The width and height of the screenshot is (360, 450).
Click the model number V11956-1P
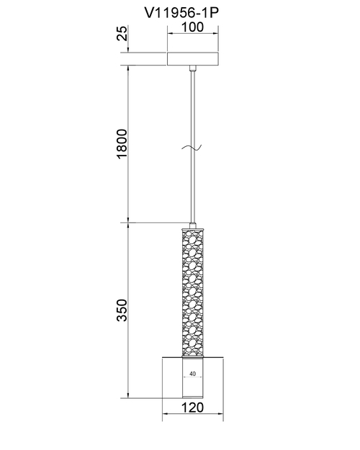[x=181, y=12]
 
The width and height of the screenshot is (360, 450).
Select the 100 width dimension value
[x=193, y=27]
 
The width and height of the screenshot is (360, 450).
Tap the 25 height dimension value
[x=122, y=33]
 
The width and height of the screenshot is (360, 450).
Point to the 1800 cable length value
[x=122, y=143]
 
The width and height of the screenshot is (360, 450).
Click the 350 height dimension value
[x=122, y=310]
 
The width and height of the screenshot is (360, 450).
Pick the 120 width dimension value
[x=193, y=408]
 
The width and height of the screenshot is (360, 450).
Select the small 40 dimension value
[x=193, y=374]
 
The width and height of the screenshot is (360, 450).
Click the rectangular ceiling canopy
[x=193, y=59]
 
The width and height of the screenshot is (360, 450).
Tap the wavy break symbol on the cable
[x=192, y=148]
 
